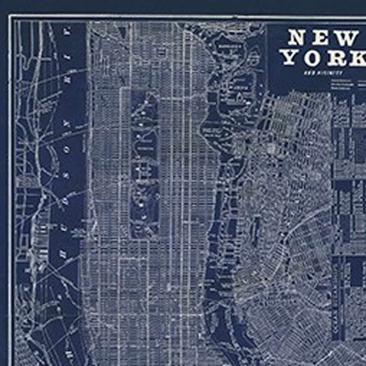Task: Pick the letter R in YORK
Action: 337,59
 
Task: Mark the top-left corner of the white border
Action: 10,16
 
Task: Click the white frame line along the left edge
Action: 10,183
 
